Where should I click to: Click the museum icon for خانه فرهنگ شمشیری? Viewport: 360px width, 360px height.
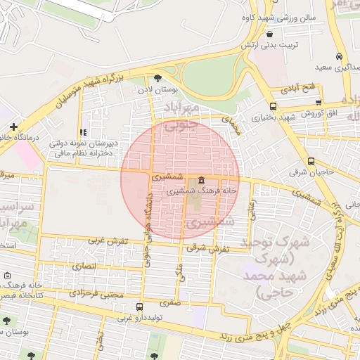pyautogui.click(x=202, y=181)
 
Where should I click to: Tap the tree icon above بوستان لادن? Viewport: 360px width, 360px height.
pyautogui.click(x=157, y=79)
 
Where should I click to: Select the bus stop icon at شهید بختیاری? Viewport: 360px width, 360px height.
pyautogui.click(x=273, y=106)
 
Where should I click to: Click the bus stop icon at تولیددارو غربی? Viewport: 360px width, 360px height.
pyautogui.click(x=139, y=307)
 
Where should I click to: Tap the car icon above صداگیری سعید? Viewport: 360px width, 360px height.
pyautogui.click(x=340, y=56)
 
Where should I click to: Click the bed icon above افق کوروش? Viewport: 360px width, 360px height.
pyautogui.click(x=310, y=103)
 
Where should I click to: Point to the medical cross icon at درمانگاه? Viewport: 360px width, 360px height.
pyautogui.click(x=13, y=127)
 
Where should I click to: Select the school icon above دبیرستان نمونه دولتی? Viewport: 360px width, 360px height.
pyautogui.click(x=83, y=131)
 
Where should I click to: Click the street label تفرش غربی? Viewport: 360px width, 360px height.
pyautogui.click(x=108, y=240)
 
